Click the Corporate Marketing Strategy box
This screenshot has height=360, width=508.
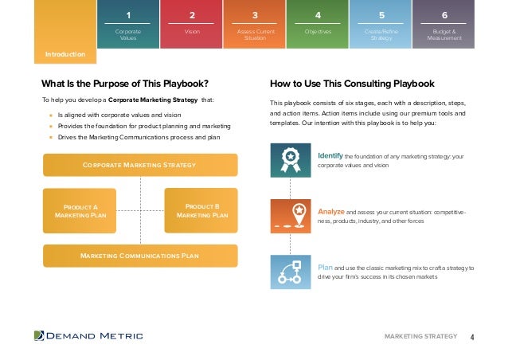(x=139, y=165)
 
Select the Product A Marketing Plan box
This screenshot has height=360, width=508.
(x=79, y=210)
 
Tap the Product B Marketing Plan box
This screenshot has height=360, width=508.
(x=201, y=210)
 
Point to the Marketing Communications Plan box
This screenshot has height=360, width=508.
(x=139, y=256)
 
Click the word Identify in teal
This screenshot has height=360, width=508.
(x=330, y=155)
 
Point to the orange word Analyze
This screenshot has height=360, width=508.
(x=331, y=211)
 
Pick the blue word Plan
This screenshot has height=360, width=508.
(x=325, y=268)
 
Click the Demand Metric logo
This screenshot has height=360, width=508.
(x=88, y=336)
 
